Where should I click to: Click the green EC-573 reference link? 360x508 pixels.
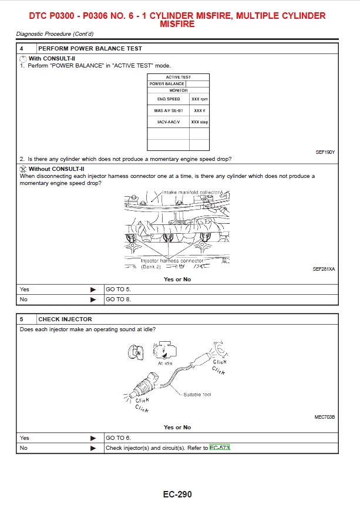[220, 448]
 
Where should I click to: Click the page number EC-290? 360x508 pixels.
[177, 494]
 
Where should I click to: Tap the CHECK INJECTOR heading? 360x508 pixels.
[65, 319]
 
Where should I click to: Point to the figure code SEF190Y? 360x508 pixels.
[325, 152]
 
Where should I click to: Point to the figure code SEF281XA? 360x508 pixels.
[324, 269]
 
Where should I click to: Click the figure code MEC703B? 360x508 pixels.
[325, 417]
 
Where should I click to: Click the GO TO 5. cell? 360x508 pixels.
[118, 290]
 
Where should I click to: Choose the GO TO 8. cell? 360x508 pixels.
[118, 300]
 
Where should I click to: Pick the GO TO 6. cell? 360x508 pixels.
[118, 438]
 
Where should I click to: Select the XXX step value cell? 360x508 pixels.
[200, 122]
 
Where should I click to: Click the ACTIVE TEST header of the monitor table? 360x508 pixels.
[178, 77]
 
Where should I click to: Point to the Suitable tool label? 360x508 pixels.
[197, 394]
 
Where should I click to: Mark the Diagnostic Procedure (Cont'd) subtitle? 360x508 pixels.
[55, 34]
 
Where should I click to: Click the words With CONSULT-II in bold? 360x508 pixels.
[52, 58]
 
